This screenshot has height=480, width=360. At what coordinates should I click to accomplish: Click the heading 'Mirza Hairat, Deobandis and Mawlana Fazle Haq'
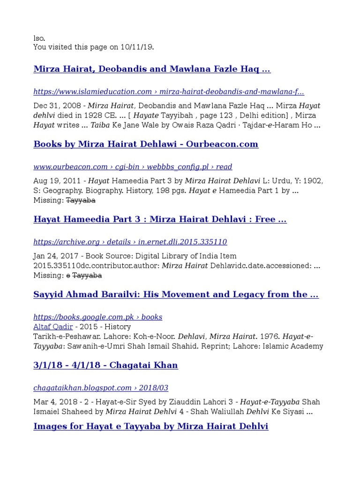(152, 69)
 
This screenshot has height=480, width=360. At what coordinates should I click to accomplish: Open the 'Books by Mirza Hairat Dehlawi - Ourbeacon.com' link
(146, 144)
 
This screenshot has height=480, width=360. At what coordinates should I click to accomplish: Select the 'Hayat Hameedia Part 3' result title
(160, 219)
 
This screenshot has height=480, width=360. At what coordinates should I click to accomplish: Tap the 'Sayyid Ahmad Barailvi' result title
(176, 294)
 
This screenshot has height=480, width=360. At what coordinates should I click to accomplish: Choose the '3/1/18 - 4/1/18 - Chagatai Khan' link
(105, 365)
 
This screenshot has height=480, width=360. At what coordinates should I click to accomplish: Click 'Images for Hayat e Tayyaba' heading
(150, 427)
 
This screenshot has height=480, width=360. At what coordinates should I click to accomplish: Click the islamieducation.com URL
(168, 92)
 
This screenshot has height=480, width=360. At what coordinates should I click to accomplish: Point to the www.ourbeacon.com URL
(133, 167)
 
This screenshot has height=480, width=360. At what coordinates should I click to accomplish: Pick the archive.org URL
(130, 242)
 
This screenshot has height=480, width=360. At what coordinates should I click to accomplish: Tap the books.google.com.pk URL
(97, 317)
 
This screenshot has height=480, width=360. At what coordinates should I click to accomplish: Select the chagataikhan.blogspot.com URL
(101, 388)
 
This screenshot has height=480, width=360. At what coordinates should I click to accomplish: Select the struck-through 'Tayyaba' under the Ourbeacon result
(80, 200)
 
